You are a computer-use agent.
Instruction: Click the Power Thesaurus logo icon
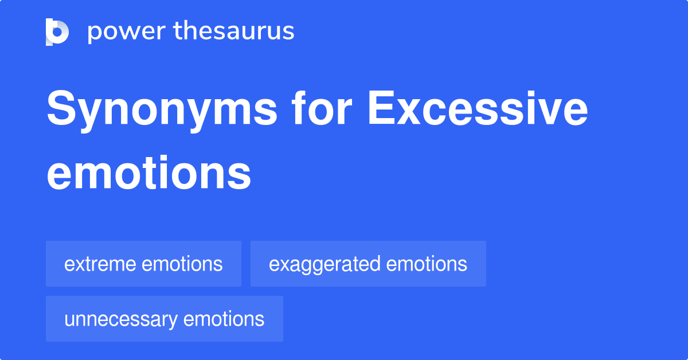tap(57, 32)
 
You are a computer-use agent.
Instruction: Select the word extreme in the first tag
tap(100, 264)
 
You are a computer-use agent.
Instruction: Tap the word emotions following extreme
tap(182, 264)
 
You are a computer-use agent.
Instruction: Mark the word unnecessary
tap(119, 319)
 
